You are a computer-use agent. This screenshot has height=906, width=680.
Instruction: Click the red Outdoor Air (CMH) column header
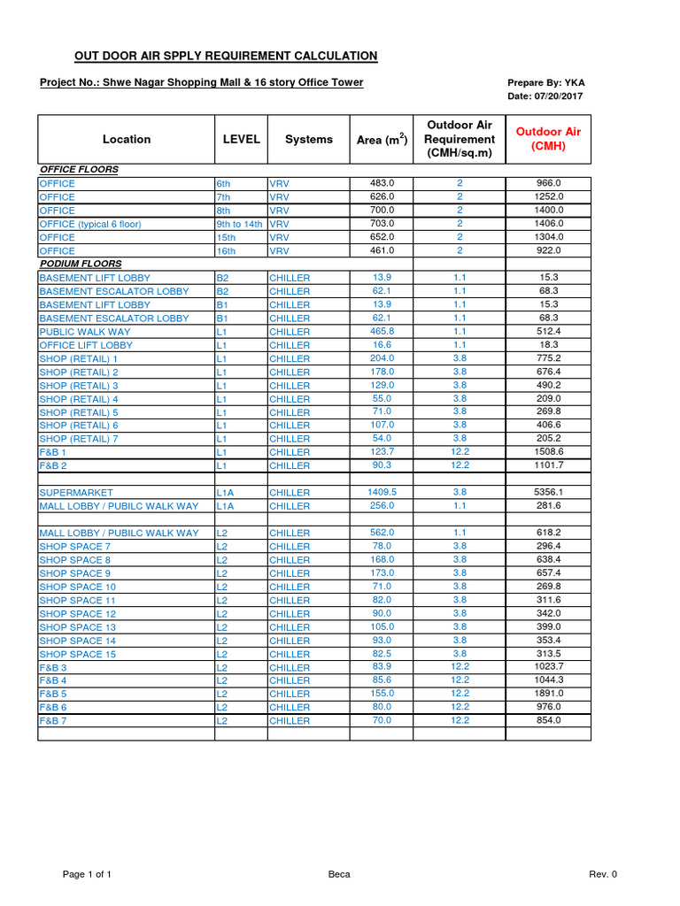pos(548,139)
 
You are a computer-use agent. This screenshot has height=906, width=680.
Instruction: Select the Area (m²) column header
pos(382,139)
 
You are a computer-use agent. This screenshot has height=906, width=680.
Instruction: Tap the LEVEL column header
pos(242,139)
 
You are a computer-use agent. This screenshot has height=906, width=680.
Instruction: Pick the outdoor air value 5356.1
pos(549,492)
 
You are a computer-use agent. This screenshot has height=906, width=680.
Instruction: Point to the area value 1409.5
pos(382,492)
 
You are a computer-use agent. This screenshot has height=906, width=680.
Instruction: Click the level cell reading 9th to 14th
pos(239,224)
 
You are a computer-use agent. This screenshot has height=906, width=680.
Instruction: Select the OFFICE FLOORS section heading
pos(79,169)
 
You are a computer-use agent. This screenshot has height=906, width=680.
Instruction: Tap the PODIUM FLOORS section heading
pos(81,264)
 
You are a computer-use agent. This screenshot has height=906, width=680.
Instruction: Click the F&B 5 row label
pos(53,694)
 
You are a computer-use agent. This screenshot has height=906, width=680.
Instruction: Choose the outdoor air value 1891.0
pos(549,694)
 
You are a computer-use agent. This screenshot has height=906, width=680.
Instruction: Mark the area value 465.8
pos(382,331)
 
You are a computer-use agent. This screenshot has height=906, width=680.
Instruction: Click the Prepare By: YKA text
pos(545,82)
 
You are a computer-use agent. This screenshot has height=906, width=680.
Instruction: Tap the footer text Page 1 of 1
pos(87,874)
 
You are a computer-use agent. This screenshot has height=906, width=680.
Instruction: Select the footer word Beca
pos(339,874)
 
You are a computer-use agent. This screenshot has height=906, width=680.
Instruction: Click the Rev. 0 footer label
pos(603,874)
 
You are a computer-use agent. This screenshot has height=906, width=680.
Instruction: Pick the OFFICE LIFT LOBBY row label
pos(86,345)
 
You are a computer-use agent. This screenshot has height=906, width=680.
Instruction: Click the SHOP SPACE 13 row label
pos(78,626)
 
